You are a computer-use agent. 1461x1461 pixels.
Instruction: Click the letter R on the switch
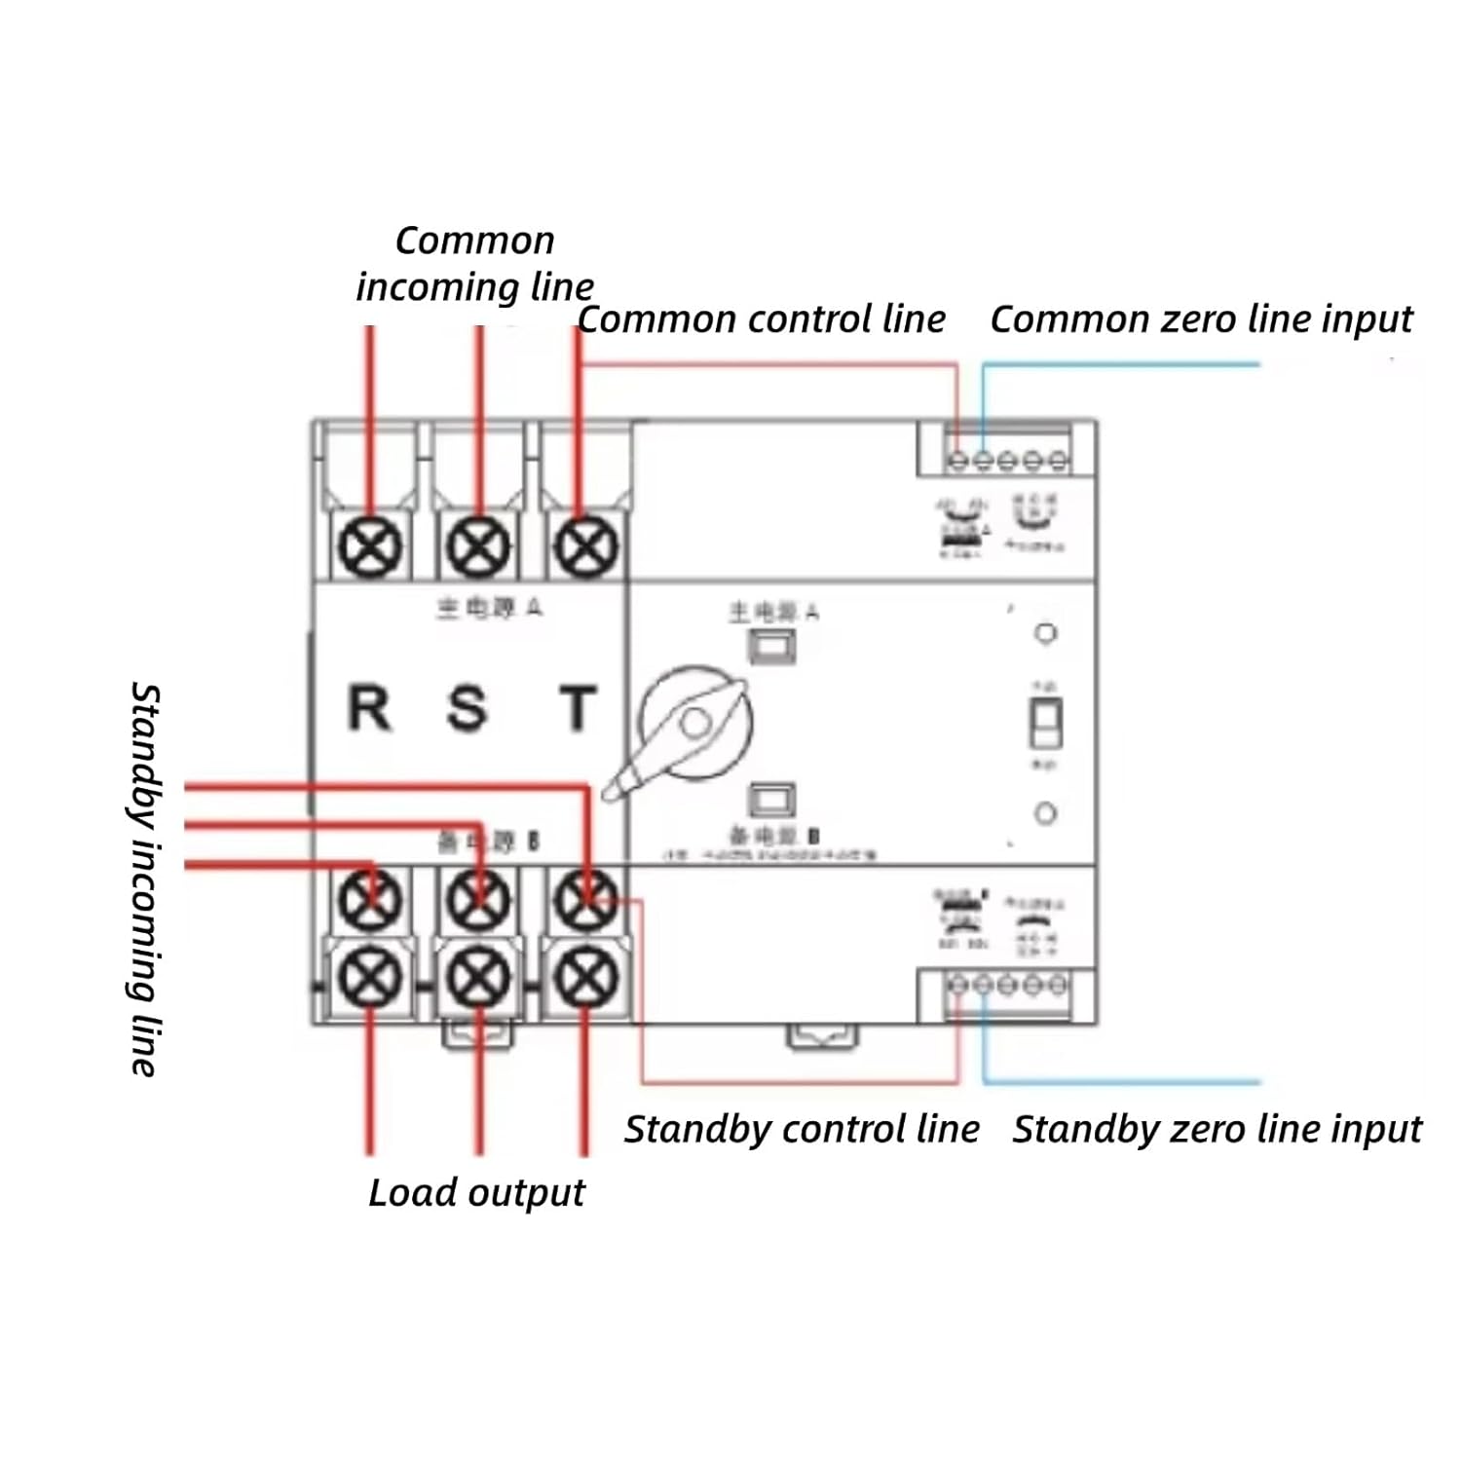point(369,708)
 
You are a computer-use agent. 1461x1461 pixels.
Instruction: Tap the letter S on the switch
point(467,708)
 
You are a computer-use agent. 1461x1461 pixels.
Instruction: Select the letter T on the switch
point(578,708)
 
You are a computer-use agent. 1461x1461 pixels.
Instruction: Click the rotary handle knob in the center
point(695,724)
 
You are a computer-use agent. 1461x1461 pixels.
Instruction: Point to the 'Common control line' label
point(761,319)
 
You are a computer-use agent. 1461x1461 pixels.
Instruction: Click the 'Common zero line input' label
point(1201,319)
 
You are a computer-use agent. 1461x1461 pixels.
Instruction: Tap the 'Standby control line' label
point(802,1130)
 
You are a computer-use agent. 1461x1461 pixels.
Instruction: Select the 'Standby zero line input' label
point(1217,1130)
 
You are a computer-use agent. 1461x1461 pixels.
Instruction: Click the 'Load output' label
point(476,1193)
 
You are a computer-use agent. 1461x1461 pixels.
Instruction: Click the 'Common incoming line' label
point(474,264)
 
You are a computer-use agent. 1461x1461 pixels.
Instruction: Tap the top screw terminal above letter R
point(370,545)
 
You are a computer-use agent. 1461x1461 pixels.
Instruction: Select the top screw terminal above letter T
point(585,545)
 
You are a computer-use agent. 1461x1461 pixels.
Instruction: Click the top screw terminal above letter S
point(478,545)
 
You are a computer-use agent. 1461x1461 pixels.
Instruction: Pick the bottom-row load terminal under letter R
point(370,977)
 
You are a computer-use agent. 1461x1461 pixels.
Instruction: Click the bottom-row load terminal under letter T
point(585,977)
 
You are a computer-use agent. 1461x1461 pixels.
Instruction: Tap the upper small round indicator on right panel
point(1045,633)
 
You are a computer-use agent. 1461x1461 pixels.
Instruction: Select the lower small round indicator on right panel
point(1045,812)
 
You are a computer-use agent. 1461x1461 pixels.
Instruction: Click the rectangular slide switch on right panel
point(1045,723)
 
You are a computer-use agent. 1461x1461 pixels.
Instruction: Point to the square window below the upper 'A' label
point(771,646)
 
